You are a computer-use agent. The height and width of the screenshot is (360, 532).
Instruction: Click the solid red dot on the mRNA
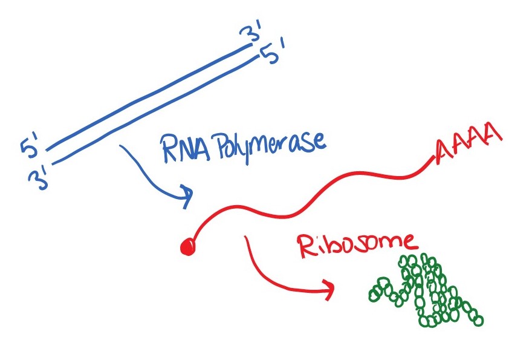(187, 247)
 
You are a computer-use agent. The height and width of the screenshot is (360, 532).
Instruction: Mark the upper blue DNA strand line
(151, 97)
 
